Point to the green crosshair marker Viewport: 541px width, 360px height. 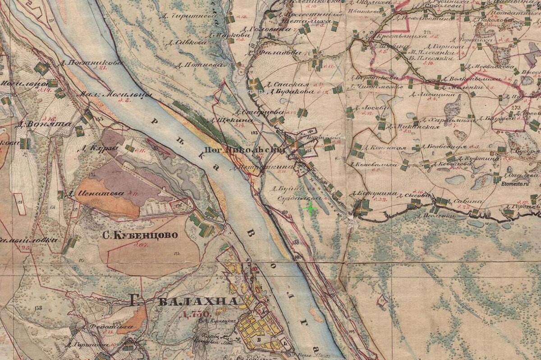coord(310,208)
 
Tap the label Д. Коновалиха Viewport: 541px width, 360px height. coord(368,165)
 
